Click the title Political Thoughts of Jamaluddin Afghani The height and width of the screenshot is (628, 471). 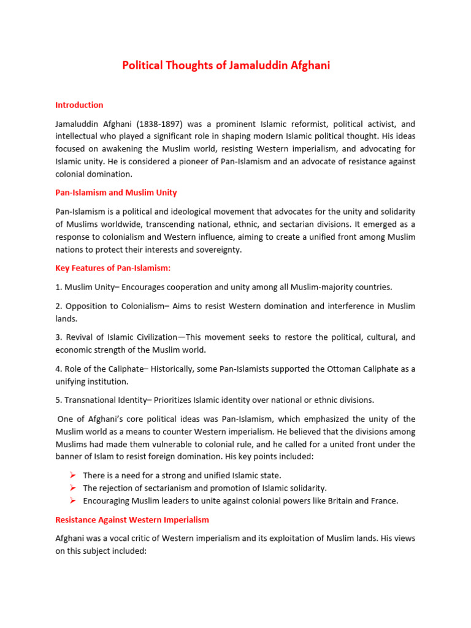(226, 66)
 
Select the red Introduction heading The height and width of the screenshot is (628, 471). (79, 105)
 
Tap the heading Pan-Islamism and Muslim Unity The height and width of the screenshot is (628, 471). (116, 193)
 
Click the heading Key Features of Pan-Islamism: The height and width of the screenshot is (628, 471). (113, 268)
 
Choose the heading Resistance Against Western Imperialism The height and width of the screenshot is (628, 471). (132, 519)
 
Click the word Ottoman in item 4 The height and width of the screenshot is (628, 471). (326, 369)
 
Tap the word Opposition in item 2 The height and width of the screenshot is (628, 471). (86, 306)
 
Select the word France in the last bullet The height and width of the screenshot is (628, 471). (384, 501)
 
